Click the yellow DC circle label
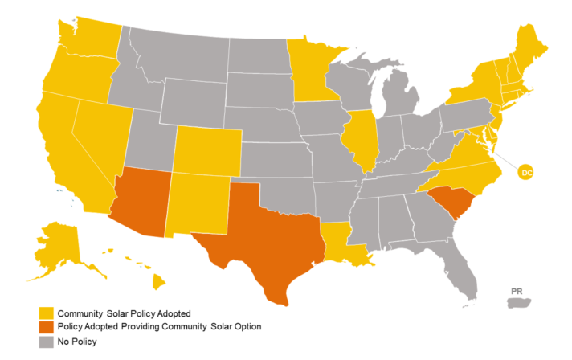(526, 172)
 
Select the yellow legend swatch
(46, 313)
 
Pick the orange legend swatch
(46, 327)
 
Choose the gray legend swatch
(46, 342)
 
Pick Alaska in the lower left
(60, 245)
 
